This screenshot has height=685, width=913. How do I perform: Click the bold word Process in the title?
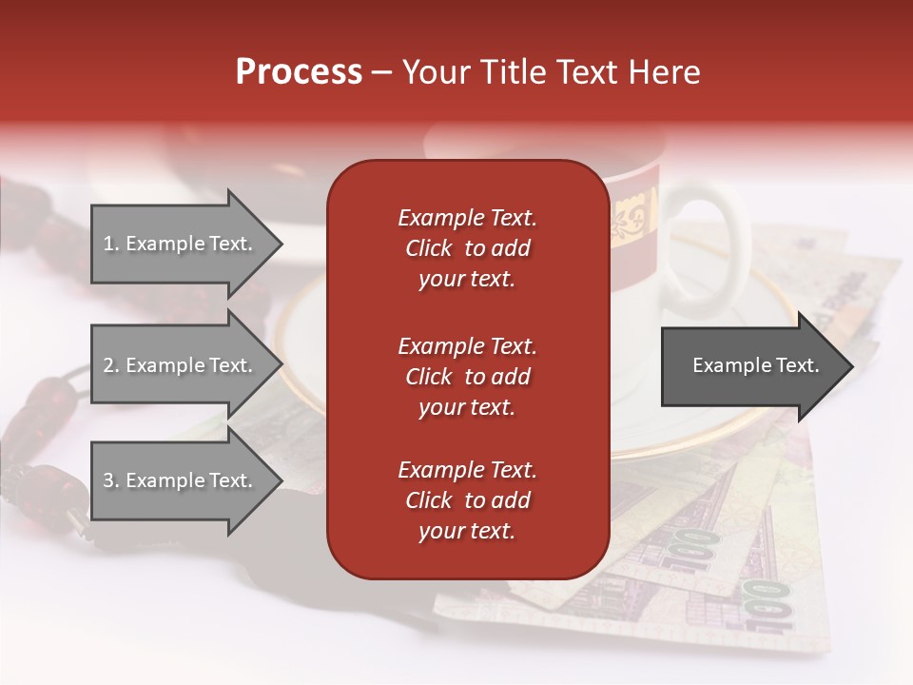tap(299, 72)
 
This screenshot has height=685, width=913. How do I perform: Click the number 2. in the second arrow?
tap(111, 365)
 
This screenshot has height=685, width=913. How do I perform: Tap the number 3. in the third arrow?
tap(111, 480)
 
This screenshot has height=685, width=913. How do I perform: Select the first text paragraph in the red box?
tap(467, 248)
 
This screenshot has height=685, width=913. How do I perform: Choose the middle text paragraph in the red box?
tap(467, 376)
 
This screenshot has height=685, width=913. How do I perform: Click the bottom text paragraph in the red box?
tap(467, 500)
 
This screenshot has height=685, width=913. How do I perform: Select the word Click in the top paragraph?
tap(428, 248)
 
